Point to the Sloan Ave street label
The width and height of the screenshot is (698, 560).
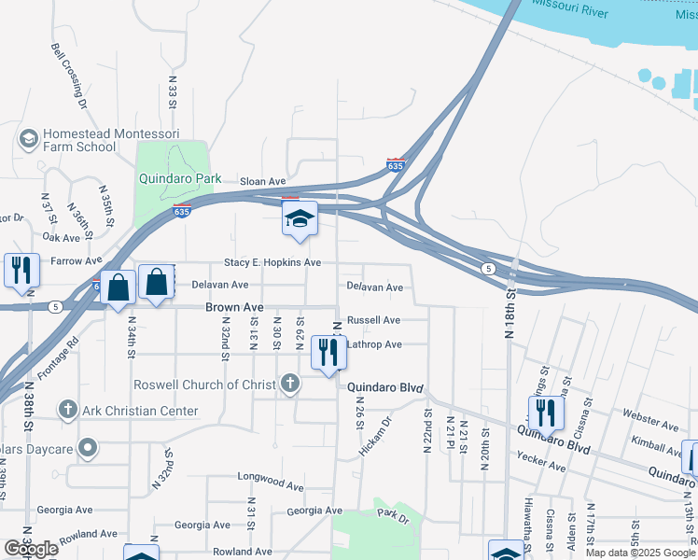click(262, 181)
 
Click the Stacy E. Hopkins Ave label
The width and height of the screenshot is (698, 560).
click(272, 263)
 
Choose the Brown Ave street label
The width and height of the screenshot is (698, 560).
click(234, 307)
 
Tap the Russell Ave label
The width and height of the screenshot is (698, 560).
click(373, 320)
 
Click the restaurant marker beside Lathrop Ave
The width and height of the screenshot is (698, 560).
click(327, 353)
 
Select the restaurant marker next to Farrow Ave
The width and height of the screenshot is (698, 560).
click(20, 270)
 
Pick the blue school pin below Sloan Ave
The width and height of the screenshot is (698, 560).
click(300, 219)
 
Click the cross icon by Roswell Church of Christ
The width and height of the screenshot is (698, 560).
click(290, 383)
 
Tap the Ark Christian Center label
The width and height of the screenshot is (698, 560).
click(140, 411)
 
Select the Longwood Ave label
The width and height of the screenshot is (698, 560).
click(271, 486)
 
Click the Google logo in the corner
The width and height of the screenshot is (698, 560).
click(31, 549)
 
